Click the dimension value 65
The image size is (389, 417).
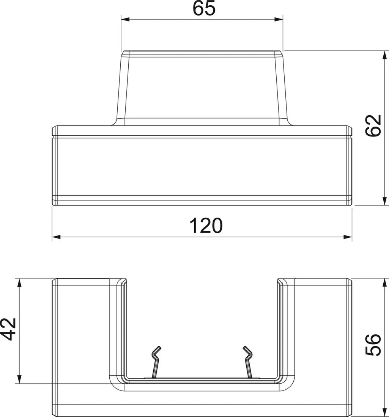point(204,8)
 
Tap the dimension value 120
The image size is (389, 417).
point(206,226)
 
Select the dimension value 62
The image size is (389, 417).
point(373,126)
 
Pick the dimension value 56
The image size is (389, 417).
point(373,345)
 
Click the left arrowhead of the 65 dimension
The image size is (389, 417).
point(125,19)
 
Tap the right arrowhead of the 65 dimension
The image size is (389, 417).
point(279,19)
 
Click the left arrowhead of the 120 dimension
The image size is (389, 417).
point(56,237)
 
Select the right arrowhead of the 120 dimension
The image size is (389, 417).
point(348,237)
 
